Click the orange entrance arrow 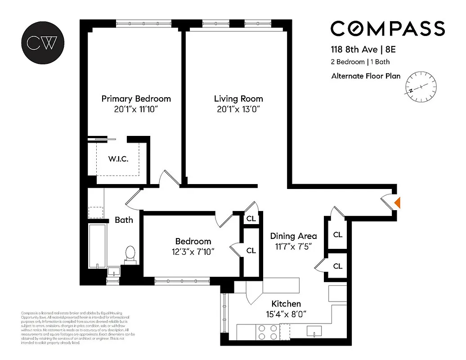pyautogui.click(x=397, y=202)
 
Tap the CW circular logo pyautogui.click(x=42, y=42)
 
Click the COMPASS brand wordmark pyautogui.click(x=388, y=28)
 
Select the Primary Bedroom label pyautogui.click(x=136, y=99)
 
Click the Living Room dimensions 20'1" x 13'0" pyautogui.click(x=238, y=109)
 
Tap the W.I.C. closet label pyautogui.click(x=119, y=159)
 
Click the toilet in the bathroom pyautogui.click(x=130, y=253)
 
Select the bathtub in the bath pyautogui.click(x=97, y=245)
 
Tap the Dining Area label pyautogui.click(x=293, y=236)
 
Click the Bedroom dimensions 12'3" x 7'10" pyautogui.click(x=193, y=252)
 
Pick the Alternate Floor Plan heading pyautogui.click(x=366, y=76)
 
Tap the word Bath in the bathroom pyautogui.click(x=124, y=220)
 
